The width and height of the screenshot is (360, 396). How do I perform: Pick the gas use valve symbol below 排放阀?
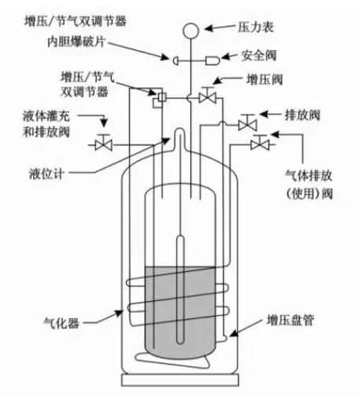click(x=256, y=143)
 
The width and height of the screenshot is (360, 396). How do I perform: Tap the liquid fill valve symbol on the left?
click(x=102, y=143)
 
